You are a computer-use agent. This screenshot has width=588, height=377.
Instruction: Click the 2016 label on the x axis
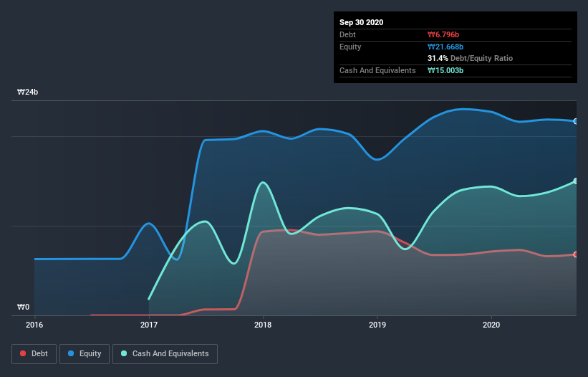click(x=34, y=325)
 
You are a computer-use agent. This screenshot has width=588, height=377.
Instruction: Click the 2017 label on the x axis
click(x=149, y=325)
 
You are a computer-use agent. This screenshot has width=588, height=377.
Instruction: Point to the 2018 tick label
click(x=263, y=325)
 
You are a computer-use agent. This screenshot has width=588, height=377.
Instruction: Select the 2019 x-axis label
click(x=377, y=325)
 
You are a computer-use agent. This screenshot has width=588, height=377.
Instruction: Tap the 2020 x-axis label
click(x=491, y=325)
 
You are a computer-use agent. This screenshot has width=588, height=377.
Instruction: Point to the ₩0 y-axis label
click(x=24, y=307)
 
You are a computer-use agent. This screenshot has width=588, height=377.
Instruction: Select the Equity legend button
click(x=85, y=353)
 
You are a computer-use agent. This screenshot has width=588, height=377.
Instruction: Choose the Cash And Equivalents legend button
click(x=165, y=353)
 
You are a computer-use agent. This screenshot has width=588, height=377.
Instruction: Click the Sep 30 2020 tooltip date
click(x=362, y=22)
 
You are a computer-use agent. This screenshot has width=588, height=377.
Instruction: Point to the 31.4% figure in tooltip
click(x=438, y=58)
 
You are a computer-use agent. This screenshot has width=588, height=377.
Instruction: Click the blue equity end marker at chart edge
click(x=576, y=121)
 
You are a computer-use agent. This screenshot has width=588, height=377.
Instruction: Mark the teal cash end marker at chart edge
click(x=576, y=181)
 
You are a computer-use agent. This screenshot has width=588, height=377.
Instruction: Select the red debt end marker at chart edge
click(x=576, y=254)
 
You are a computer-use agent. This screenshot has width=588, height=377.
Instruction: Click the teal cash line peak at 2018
click(x=264, y=182)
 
